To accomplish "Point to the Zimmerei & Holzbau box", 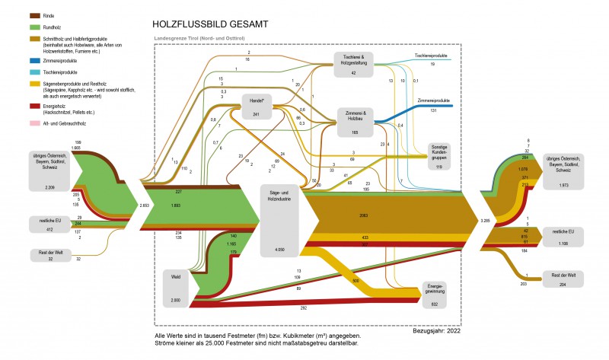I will coord(354,122).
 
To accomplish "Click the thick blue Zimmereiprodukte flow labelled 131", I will coord(415,111).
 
